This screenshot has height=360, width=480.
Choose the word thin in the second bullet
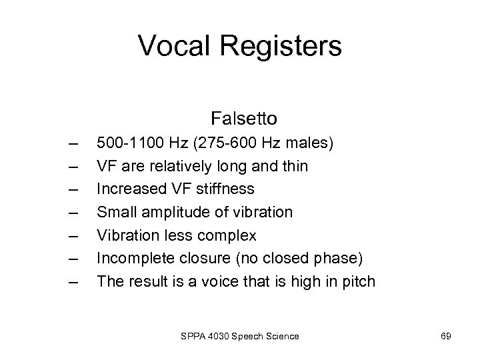click(293, 166)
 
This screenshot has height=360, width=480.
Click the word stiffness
click(227, 189)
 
